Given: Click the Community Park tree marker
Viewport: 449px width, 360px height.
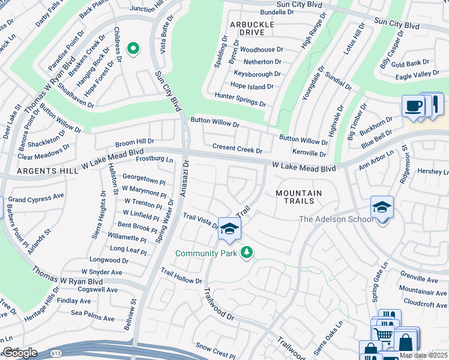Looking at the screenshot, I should [246, 253].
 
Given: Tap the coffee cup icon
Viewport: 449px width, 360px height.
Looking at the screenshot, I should [413, 106].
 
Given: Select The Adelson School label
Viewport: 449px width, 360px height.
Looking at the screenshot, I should [337, 219].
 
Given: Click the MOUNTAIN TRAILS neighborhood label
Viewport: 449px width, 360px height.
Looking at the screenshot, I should [298, 197].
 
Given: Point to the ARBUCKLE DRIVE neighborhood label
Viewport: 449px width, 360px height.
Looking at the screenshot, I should [252, 28].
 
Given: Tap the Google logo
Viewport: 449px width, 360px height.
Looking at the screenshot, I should [20, 353].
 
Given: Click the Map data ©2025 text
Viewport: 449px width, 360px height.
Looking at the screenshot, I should [423, 355].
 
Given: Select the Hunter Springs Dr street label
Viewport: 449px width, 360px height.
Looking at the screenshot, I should [240, 99].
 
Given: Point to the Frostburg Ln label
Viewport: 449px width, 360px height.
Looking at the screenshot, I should [154, 160].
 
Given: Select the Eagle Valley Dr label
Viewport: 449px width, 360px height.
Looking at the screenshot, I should [417, 74].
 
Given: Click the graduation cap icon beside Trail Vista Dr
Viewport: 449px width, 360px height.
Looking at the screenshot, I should [229, 227].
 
